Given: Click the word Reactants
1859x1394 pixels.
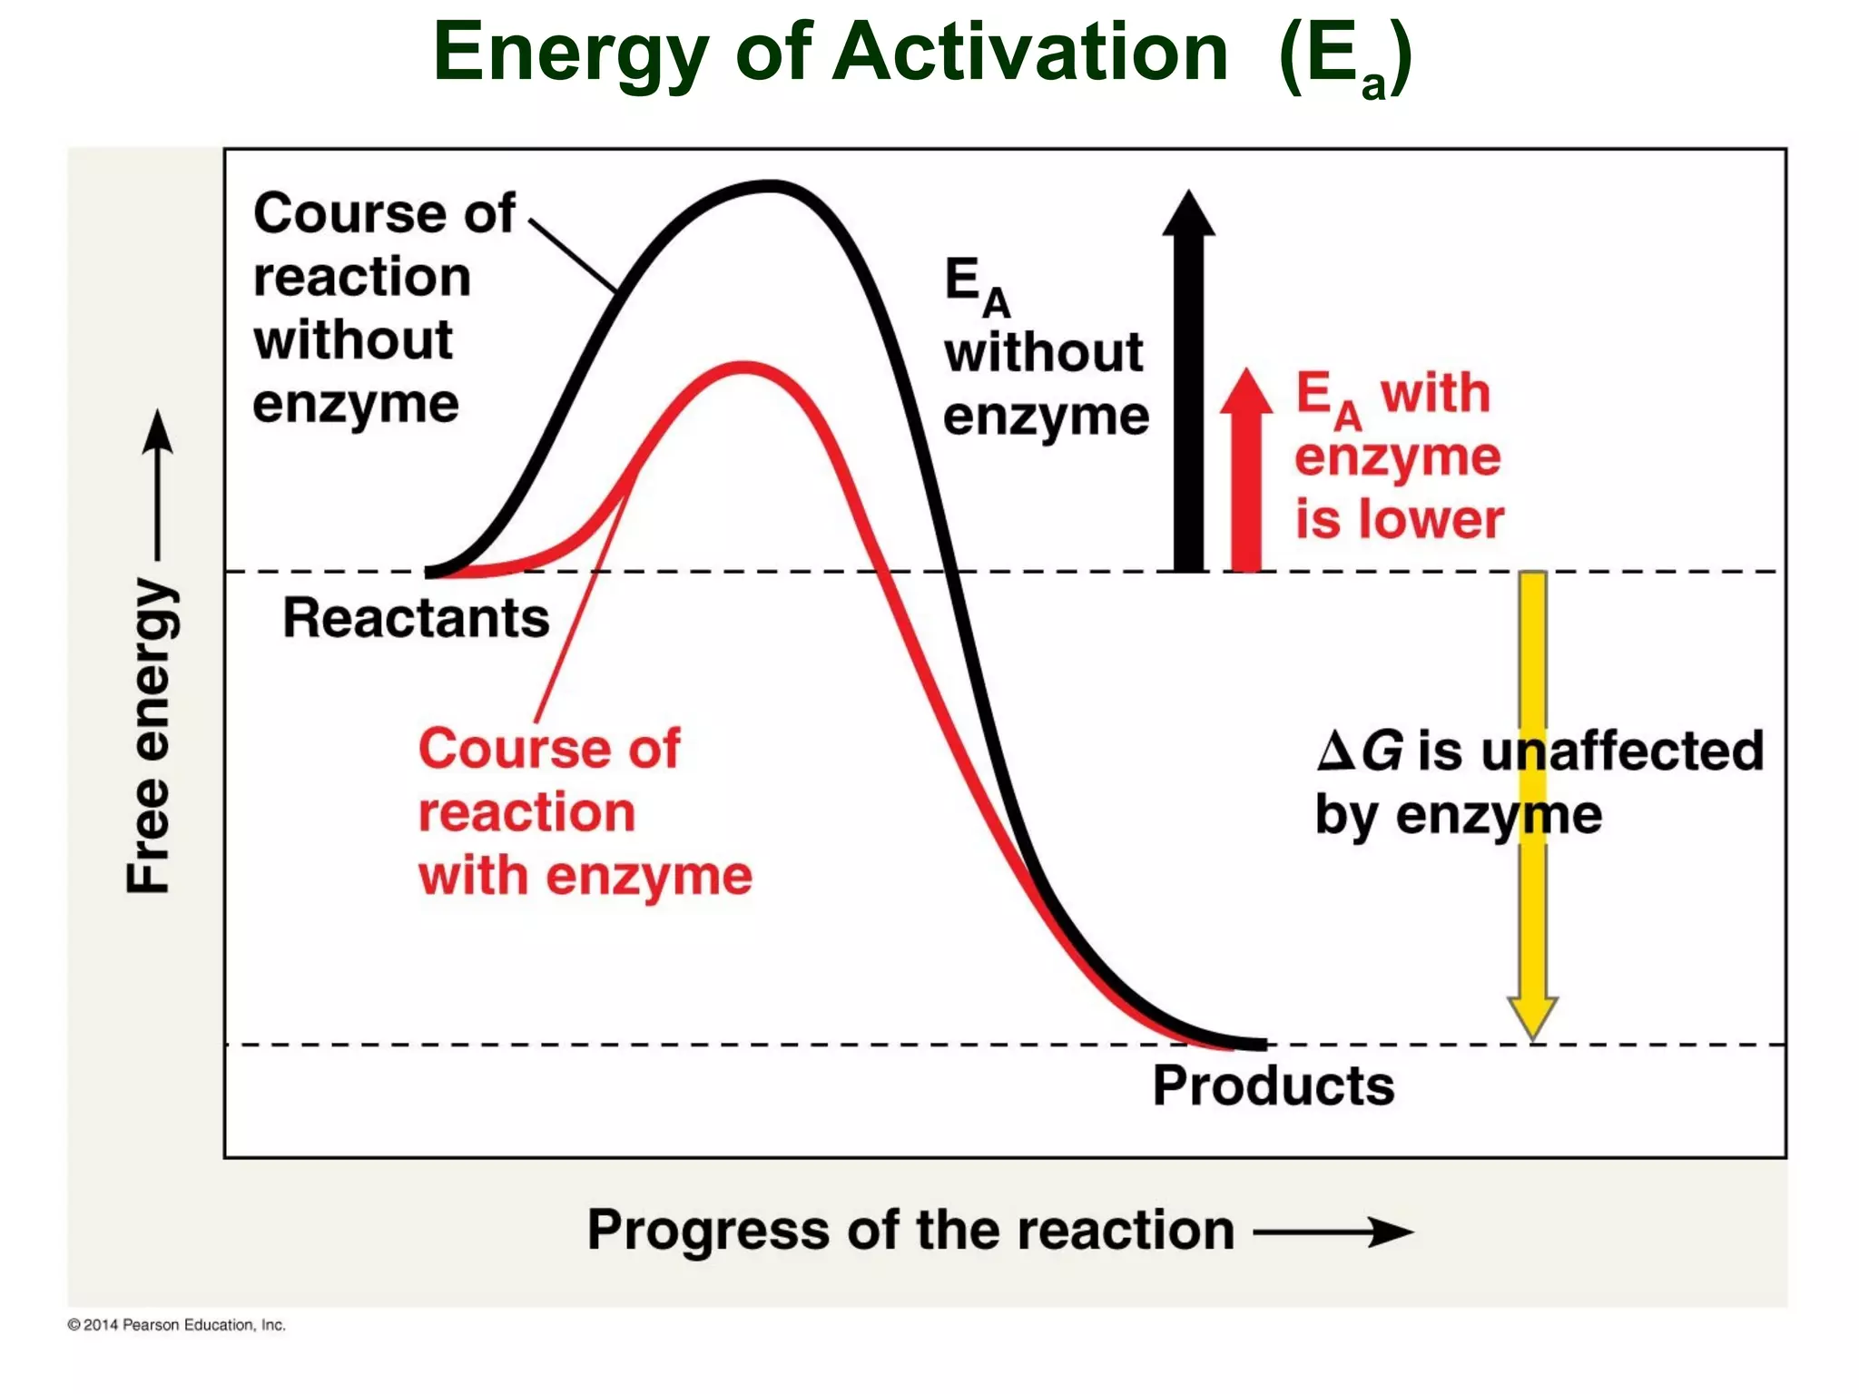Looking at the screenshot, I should (x=416, y=618).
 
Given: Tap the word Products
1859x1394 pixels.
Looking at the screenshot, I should (x=1273, y=1085).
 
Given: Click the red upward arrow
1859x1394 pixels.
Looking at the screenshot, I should (x=1245, y=472).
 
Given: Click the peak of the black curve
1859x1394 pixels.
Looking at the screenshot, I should (x=770, y=187).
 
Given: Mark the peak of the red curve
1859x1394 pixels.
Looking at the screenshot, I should (x=744, y=368).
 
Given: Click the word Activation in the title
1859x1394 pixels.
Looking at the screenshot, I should (x=1030, y=52).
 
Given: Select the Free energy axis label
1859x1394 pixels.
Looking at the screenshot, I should (x=149, y=735).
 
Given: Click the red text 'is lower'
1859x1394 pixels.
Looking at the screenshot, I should (x=1399, y=519).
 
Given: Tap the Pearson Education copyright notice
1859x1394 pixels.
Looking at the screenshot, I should (x=177, y=1325).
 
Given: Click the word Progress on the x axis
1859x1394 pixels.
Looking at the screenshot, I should (x=708, y=1232).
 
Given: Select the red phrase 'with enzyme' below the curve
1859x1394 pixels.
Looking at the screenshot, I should (x=585, y=877).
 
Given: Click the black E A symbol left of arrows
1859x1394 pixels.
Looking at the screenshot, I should (x=976, y=286).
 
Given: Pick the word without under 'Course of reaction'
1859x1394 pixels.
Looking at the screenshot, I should (x=353, y=340).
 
